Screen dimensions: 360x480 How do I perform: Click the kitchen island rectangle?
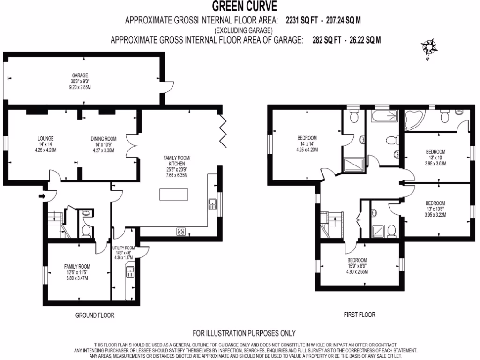pos(173,195)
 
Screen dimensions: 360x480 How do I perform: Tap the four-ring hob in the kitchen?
pos(181,231)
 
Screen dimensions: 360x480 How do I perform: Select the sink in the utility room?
pos(130,271)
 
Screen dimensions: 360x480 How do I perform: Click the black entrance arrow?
pos(43,195)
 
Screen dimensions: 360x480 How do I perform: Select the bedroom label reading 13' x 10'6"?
pos(435,209)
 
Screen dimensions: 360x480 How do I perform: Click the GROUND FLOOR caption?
pos(95,315)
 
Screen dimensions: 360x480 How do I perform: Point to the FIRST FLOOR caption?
pos(359,315)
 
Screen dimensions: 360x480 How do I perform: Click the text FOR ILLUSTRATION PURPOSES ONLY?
pos(244,333)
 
